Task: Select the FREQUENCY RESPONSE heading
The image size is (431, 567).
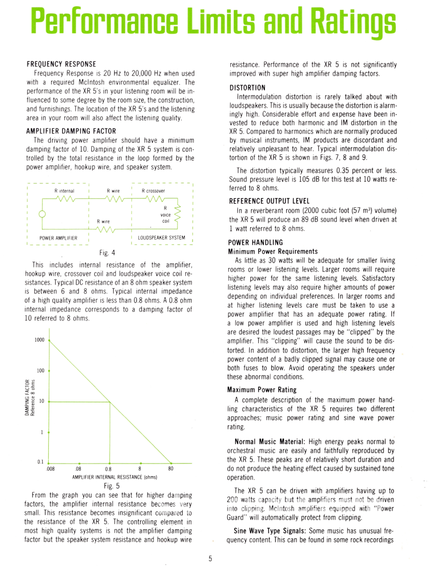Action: click(x=62, y=64)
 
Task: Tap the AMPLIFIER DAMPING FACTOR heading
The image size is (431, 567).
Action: click(x=71, y=131)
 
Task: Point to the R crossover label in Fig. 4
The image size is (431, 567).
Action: click(x=153, y=191)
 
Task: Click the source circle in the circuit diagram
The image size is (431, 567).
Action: click(x=42, y=214)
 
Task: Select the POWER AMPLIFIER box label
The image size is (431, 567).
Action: click(x=59, y=238)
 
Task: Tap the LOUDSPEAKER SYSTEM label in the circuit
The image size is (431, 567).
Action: click(x=161, y=238)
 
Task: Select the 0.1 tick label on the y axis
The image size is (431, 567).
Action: click(x=41, y=462)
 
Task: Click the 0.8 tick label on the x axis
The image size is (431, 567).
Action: click(x=109, y=470)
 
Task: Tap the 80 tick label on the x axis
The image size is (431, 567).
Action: click(x=171, y=470)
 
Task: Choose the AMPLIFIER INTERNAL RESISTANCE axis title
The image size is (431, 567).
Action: click(x=114, y=477)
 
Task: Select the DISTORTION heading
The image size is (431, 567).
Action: click(x=247, y=88)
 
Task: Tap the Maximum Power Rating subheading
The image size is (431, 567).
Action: click(x=262, y=390)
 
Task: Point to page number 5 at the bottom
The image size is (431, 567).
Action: click(x=211, y=558)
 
